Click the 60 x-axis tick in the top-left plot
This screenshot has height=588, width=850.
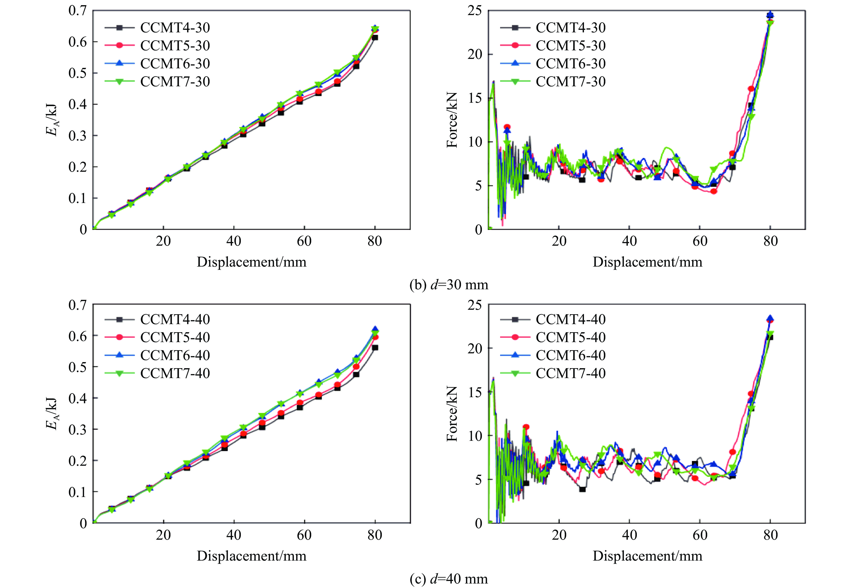coord(304,241)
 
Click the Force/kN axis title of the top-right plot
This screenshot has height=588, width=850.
coord(452,120)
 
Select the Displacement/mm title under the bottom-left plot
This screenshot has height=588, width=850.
coord(251,556)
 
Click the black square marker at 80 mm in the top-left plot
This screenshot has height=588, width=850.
coord(375,38)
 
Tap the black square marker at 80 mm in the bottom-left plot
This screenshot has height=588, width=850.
coord(375,348)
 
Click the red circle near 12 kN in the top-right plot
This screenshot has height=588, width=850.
coord(507,127)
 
